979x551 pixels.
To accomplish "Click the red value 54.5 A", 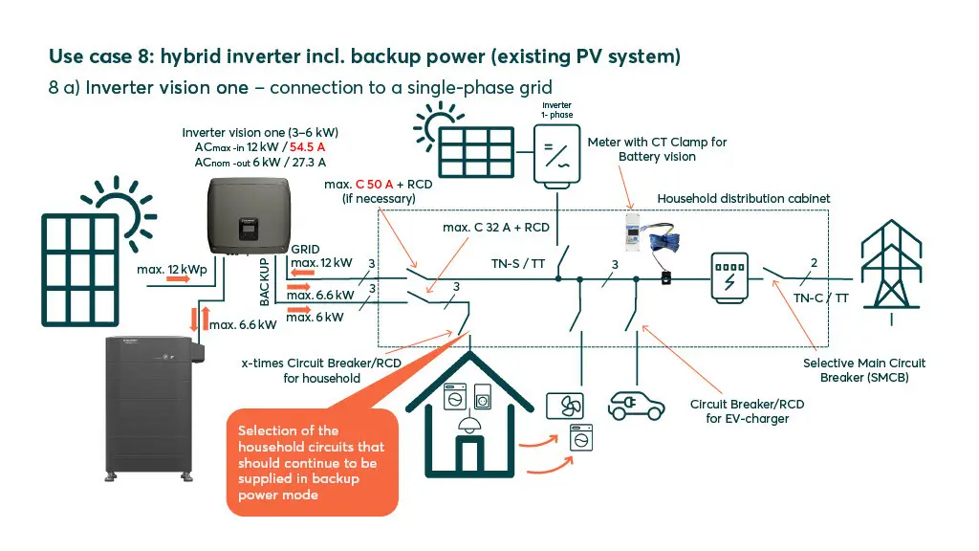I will click(x=315, y=148).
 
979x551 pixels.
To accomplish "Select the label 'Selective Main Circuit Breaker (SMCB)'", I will click(x=863, y=370).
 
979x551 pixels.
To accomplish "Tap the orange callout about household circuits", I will click(x=312, y=462).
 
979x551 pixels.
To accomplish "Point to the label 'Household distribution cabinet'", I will click(x=744, y=198).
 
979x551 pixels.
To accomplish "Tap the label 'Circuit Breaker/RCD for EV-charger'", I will click(x=747, y=411).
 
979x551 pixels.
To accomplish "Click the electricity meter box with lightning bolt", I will click(x=730, y=279).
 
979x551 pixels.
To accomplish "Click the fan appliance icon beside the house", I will click(x=562, y=406).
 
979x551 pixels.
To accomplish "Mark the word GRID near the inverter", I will click(x=306, y=248).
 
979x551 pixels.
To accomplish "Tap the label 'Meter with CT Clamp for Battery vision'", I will click(x=657, y=149).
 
